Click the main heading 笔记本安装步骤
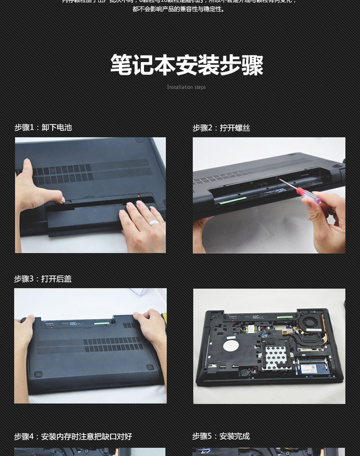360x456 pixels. click(x=187, y=65)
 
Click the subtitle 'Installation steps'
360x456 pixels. click(x=186, y=87)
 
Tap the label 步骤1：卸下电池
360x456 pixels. click(x=43, y=127)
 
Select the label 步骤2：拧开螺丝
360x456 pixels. click(x=221, y=128)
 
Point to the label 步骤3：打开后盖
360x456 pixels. click(x=43, y=279)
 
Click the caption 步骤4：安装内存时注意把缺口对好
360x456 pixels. click(x=72, y=436)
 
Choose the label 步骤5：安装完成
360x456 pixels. click(x=221, y=436)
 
